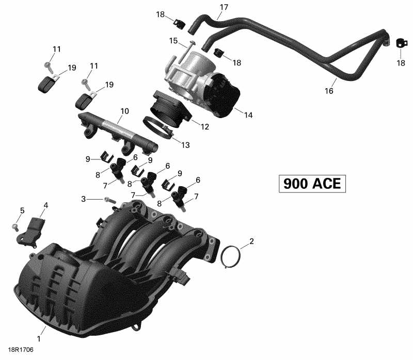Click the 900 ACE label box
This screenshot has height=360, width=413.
pyautogui.click(x=312, y=184)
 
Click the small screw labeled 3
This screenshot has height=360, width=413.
pyautogui.click(x=107, y=199)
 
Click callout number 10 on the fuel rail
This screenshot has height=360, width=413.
pyautogui.click(x=124, y=111)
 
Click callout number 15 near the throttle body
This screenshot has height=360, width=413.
pyautogui.click(x=173, y=40)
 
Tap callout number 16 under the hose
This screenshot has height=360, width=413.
pyautogui.click(x=329, y=91)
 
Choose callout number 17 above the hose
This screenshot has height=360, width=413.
pyautogui.click(x=224, y=7)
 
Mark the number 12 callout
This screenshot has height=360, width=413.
pyautogui.click(x=205, y=126)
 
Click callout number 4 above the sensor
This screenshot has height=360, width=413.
pyautogui.click(x=45, y=205)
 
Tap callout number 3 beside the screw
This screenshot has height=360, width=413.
pyautogui.click(x=83, y=199)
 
